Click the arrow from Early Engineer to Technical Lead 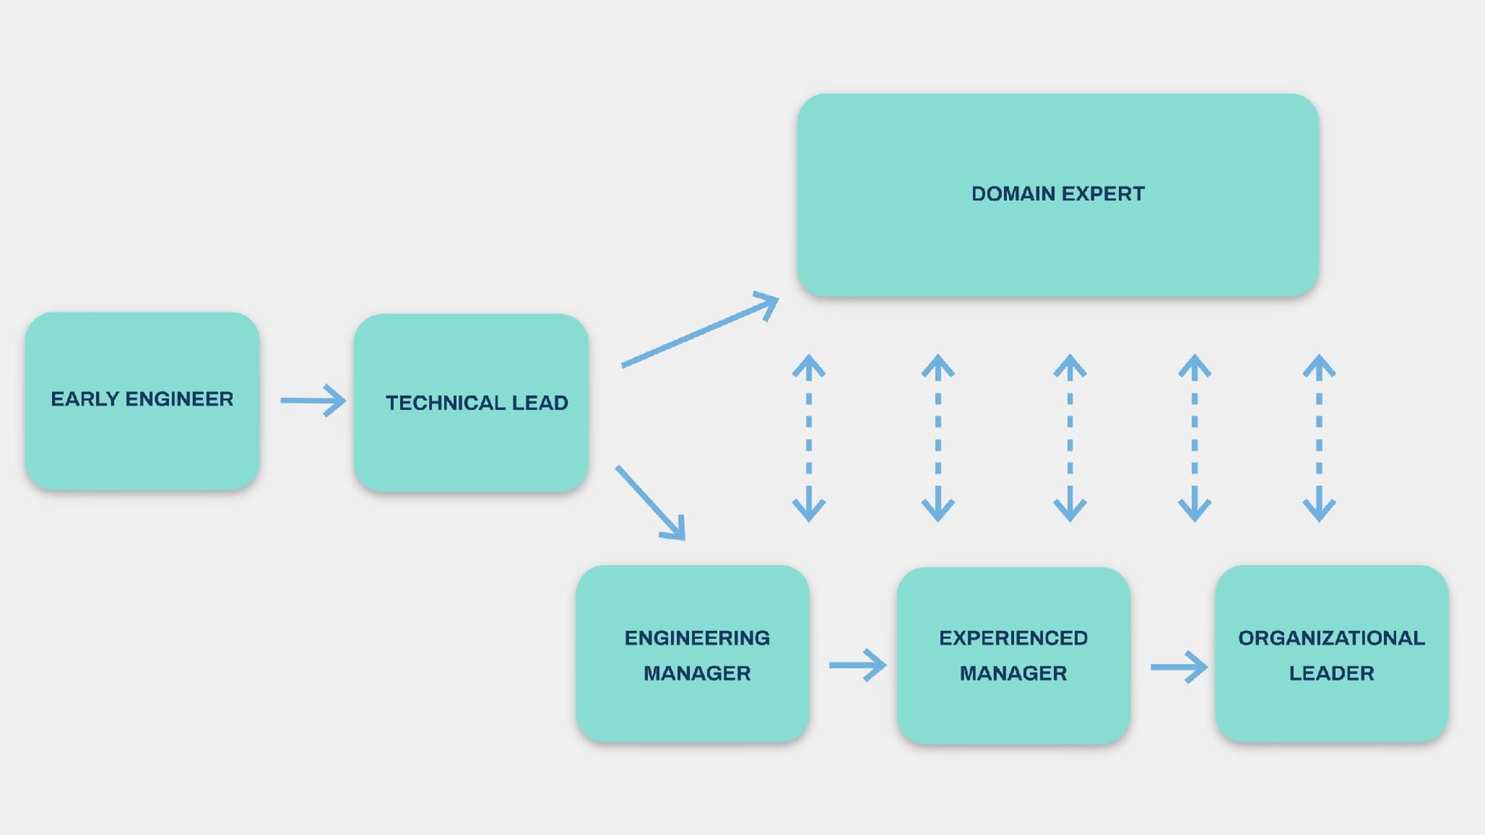[x=313, y=401]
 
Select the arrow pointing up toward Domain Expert [x=699, y=330]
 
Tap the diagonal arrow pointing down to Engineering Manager [x=650, y=502]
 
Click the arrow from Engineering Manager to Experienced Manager [x=858, y=665]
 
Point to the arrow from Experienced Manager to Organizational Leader [x=1178, y=667]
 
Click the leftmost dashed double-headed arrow [x=809, y=438]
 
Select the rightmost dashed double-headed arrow [x=1319, y=438]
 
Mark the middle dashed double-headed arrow [x=1070, y=438]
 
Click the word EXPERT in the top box [x=1103, y=194]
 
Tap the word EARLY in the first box [x=85, y=399]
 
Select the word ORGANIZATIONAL [x=1331, y=638]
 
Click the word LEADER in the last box [x=1331, y=673]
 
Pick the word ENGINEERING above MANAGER [x=696, y=638]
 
